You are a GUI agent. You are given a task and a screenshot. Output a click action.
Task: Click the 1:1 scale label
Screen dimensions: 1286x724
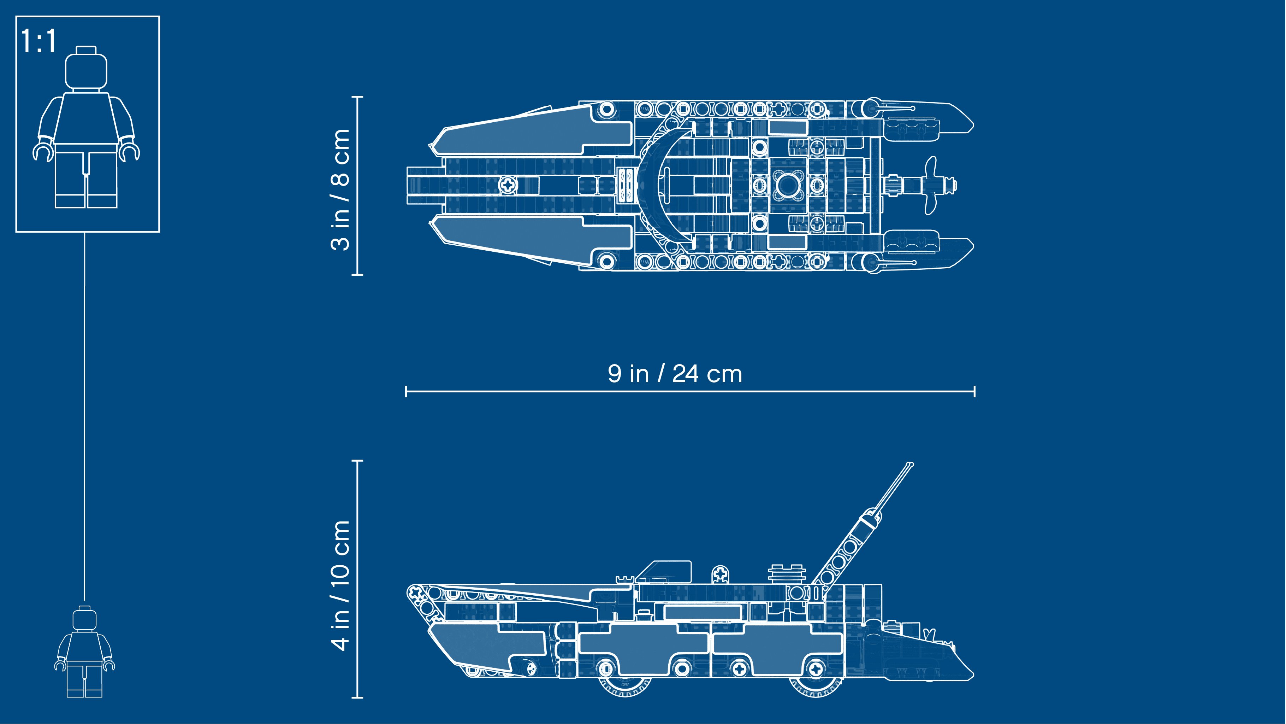tap(39, 41)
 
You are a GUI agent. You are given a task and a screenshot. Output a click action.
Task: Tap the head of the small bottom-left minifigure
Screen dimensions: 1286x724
tap(84, 618)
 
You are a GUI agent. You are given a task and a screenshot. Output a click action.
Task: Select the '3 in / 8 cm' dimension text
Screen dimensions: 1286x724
tap(340, 189)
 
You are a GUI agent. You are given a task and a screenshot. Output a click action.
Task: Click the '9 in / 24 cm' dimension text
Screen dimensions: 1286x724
tap(675, 374)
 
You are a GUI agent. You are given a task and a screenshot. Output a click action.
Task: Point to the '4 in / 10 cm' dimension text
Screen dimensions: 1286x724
tap(340, 585)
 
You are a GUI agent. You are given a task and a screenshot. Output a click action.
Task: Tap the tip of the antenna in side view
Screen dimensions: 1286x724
tap(912, 465)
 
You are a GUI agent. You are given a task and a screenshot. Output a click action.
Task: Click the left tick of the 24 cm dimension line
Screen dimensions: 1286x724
tap(406, 391)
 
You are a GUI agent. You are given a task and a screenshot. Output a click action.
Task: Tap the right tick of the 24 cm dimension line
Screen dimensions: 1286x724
tap(974, 391)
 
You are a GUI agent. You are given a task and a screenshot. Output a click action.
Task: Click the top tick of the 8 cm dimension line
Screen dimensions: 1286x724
tap(357, 97)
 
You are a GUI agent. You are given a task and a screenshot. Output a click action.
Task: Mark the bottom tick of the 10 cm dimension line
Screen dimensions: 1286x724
tap(357, 697)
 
